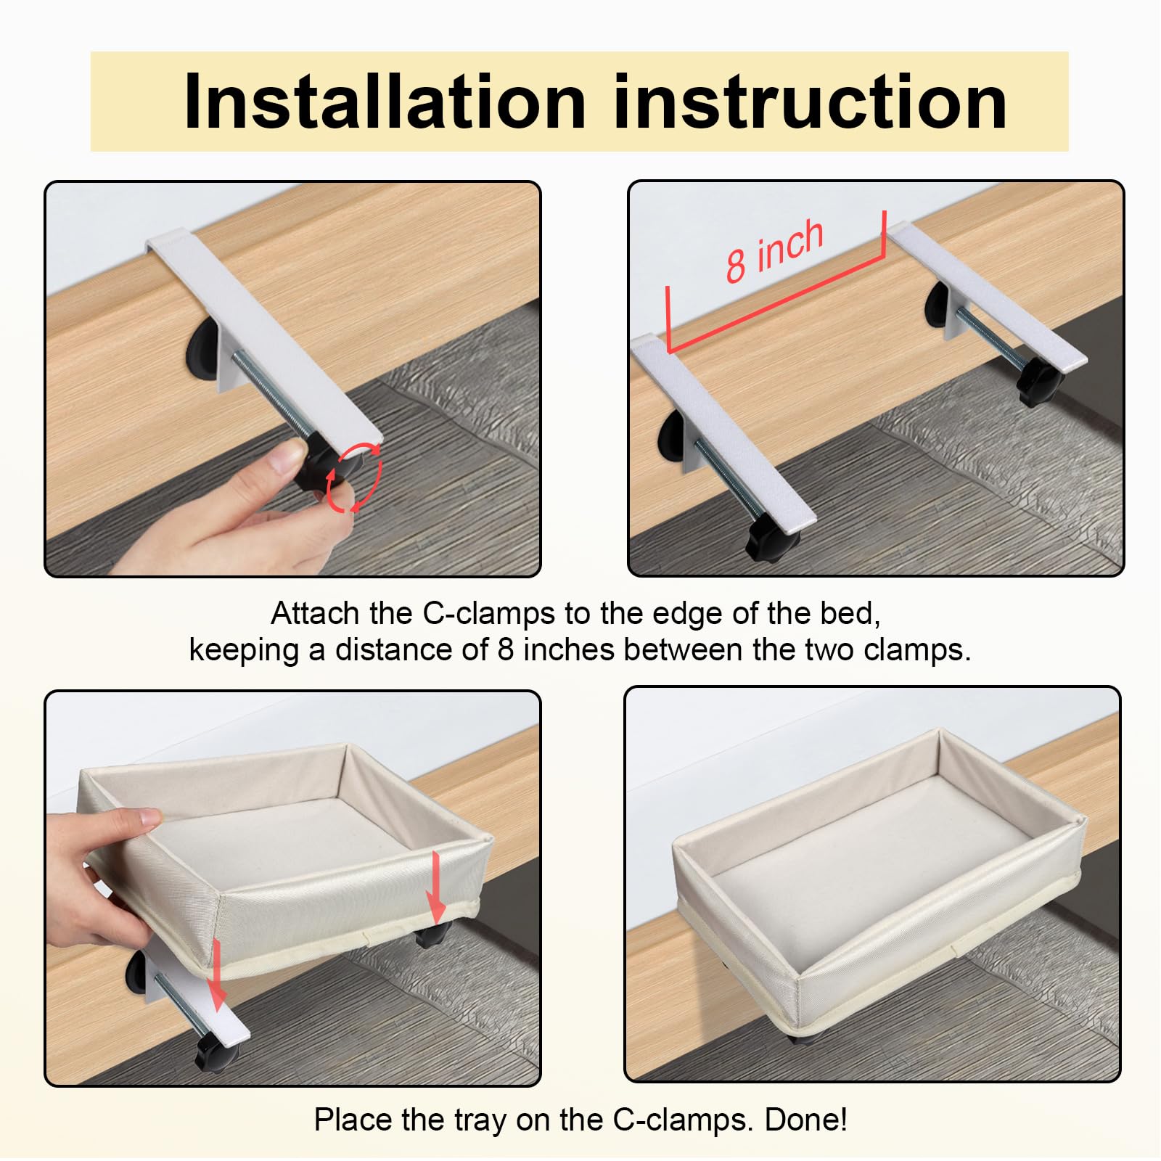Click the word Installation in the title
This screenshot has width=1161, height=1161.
(385, 102)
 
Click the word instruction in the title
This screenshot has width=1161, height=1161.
(811, 102)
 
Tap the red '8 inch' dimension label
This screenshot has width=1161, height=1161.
(775, 250)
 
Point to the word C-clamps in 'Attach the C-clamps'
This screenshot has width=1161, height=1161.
(489, 615)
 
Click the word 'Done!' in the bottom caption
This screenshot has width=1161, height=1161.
(805, 1120)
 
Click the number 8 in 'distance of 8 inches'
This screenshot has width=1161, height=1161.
(506, 650)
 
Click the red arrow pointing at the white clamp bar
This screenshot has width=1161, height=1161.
(216, 975)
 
